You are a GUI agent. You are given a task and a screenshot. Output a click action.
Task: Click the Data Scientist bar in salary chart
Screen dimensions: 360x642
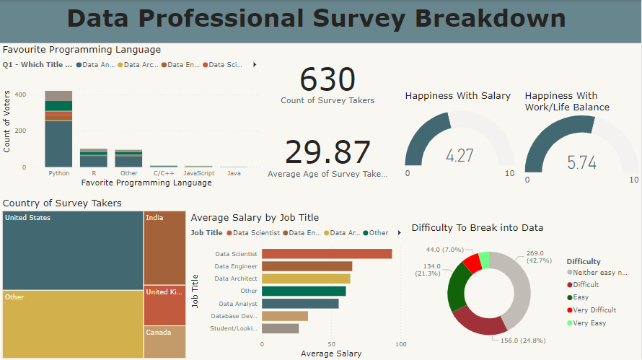pos(326,254)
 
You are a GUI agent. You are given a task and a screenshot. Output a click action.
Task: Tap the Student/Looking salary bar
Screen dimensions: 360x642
pos(280,328)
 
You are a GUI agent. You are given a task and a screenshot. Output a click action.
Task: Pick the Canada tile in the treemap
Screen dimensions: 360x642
pos(164,342)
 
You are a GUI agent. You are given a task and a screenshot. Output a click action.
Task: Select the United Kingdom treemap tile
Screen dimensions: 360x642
pos(164,305)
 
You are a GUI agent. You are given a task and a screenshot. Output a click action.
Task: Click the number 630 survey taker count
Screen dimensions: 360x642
pos(327,79)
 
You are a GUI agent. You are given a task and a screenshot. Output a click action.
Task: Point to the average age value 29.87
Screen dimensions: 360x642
pos(327,152)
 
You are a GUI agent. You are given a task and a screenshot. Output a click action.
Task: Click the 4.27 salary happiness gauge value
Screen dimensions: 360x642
pos(459,155)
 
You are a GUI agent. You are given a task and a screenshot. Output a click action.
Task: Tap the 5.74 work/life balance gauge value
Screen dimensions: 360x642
pos(581,162)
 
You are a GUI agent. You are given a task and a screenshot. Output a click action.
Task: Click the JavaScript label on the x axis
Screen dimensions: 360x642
pos(198,174)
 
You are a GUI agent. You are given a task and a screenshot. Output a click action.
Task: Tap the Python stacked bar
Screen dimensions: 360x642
pos(58,130)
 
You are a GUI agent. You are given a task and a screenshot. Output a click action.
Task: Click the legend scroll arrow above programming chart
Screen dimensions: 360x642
pos(254,65)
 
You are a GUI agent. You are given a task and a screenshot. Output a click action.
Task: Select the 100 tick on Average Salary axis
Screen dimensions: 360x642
pos(401,345)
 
